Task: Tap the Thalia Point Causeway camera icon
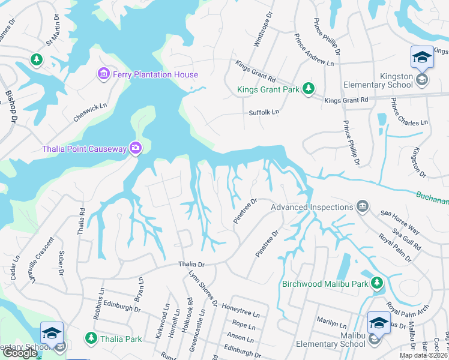(x=136, y=148)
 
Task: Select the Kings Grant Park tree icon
(x=309, y=88)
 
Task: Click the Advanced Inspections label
(x=311, y=207)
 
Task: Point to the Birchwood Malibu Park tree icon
(x=376, y=283)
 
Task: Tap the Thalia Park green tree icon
(x=91, y=338)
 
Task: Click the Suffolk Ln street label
(x=264, y=112)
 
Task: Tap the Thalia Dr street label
(x=191, y=264)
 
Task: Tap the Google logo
(x=20, y=353)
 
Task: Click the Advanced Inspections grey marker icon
(x=362, y=207)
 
